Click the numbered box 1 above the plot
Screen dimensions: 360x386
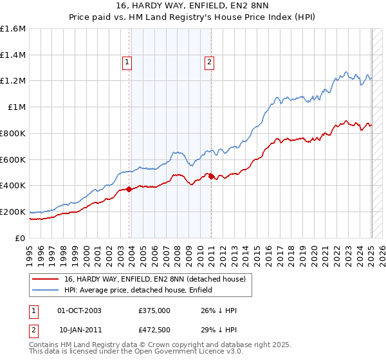[127, 62]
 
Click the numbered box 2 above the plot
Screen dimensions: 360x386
[210, 62]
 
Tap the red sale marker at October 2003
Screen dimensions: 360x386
[129, 189]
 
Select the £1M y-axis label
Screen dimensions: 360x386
[16, 107]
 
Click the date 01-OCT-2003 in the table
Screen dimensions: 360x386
[79, 310]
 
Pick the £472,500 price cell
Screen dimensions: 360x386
[154, 329]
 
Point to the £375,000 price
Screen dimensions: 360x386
[154, 310]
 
